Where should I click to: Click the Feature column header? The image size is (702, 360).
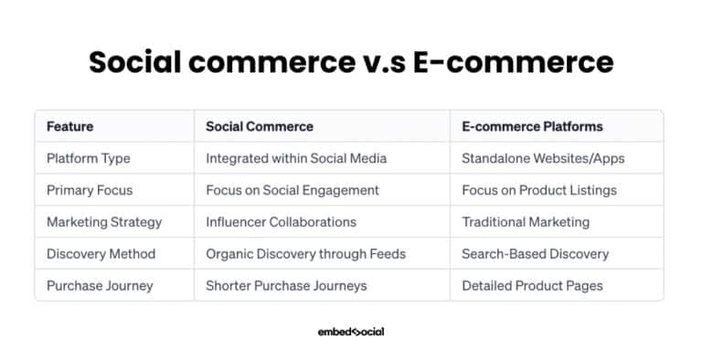tap(69, 126)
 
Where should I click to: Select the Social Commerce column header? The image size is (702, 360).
tap(260, 126)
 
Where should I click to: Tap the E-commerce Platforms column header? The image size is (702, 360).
tap(532, 126)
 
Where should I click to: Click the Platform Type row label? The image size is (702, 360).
tap(89, 158)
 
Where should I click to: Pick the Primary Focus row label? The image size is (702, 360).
tap(90, 190)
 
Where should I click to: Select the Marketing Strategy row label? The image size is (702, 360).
tap(104, 222)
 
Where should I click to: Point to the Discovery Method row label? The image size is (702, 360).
tap(101, 254)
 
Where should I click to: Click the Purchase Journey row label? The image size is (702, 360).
tap(100, 286)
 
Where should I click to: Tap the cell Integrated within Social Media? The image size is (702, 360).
tap(296, 158)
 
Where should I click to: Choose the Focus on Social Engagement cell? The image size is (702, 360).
tap(292, 190)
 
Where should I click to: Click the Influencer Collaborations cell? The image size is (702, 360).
tap(281, 222)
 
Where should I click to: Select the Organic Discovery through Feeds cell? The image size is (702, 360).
tap(305, 254)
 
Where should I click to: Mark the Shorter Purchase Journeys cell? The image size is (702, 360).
tap(286, 286)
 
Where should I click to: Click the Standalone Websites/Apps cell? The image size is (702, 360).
tap(543, 158)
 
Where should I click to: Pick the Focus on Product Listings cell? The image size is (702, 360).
tap(539, 190)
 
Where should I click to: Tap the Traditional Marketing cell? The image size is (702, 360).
tap(526, 222)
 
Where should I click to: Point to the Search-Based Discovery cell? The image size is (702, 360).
tap(534, 254)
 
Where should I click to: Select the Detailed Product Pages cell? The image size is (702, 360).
tap(532, 286)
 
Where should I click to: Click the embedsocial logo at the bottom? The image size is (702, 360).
tap(351, 332)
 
